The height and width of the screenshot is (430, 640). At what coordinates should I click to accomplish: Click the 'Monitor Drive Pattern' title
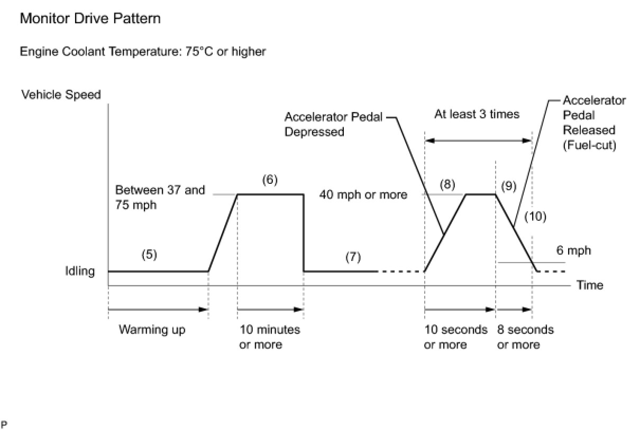pos(90,19)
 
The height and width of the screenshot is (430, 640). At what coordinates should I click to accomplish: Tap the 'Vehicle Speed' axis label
pos(61,95)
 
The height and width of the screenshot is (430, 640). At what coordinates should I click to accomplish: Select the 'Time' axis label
pos(590,285)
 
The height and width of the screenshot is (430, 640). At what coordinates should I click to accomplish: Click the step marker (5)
pos(149,255)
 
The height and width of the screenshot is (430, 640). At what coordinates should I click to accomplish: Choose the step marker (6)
pos(270,180)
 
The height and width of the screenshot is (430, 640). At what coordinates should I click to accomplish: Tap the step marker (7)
pos(353,257)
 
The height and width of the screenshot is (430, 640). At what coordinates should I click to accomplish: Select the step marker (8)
pos(447,185)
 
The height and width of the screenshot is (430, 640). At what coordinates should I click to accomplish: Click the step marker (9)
pos(508,186)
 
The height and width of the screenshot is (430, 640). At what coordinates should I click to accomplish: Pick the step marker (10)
pos(535,216)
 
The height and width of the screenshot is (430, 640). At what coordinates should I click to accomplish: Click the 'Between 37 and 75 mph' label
pos(159,197)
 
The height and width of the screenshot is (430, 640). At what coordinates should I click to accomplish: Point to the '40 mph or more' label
pos(363,195)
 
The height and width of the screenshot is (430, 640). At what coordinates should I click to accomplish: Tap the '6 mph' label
pos(573,250)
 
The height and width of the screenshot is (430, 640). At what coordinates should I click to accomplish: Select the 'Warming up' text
pos(152,330)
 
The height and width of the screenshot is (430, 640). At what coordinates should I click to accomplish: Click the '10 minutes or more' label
pos(270,337)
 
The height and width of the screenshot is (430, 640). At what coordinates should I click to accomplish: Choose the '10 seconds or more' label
pos(455,337)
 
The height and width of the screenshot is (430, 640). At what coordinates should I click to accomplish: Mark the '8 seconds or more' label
pos(525,337)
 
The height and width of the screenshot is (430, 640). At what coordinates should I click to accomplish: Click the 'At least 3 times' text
pos(477,114)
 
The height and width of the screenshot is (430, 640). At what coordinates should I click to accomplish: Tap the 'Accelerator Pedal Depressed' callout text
pos(333,124)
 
